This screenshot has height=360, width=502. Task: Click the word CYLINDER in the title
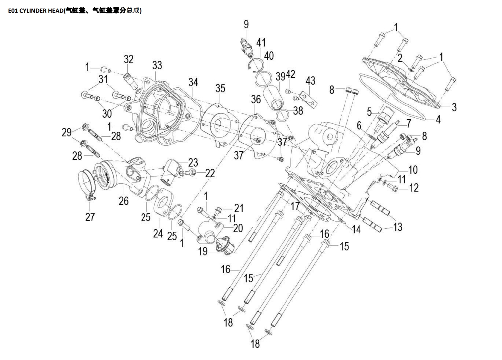click(33, 11)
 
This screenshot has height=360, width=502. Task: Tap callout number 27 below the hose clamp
click(90, 217)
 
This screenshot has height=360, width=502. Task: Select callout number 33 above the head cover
click(157, 65)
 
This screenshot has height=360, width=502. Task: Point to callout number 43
click(310, 81)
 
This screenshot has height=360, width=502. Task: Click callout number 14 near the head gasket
click(356, 229)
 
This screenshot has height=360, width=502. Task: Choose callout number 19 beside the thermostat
click(203, 251)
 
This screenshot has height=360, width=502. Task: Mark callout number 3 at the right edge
click(454, 107)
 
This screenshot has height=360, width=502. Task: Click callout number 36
click(256, 99)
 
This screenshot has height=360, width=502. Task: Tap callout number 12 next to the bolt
click(414, 187)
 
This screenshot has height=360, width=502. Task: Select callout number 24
click(158, 233)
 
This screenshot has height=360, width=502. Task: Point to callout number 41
click(261, 43)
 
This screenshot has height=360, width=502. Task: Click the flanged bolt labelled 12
click(392, 186)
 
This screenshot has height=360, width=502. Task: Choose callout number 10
click(413, 169)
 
